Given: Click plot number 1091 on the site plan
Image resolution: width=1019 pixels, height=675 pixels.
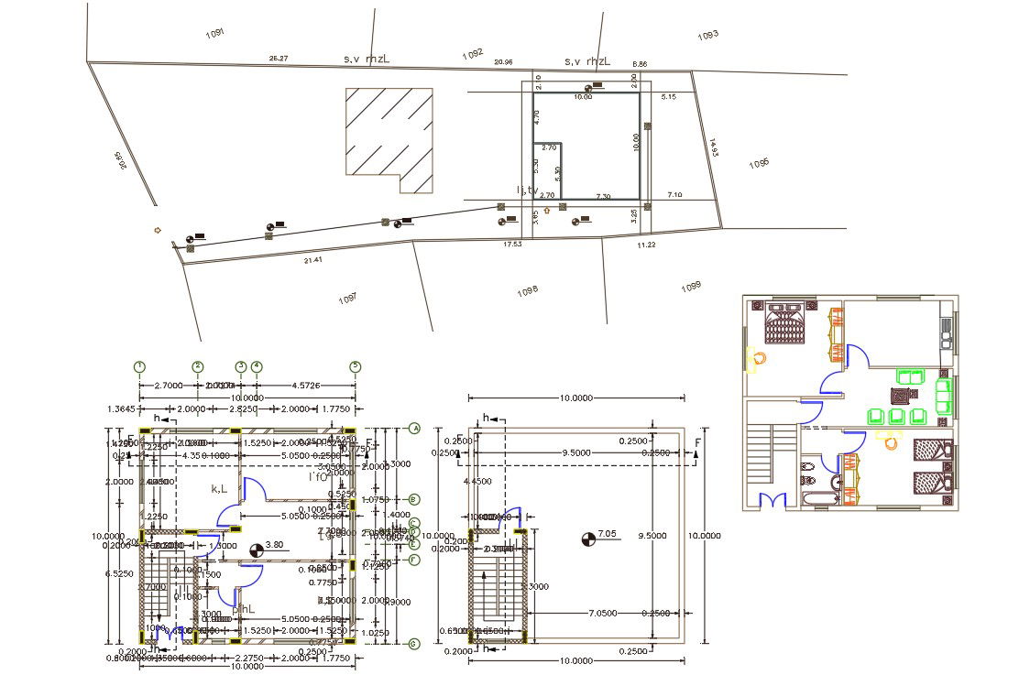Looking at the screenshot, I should point(215,33).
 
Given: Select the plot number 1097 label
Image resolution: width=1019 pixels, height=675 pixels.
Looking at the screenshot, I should point(347,299).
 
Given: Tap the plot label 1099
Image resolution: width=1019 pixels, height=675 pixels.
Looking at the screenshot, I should point(691,288).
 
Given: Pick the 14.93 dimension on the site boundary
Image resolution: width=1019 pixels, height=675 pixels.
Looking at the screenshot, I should point(714,148).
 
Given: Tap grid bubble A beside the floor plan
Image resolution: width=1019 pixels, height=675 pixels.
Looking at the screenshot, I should point(414,428).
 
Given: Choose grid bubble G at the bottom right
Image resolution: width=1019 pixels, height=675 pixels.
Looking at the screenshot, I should point(414,644).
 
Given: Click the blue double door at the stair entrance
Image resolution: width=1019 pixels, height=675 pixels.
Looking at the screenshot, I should point(774,500).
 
